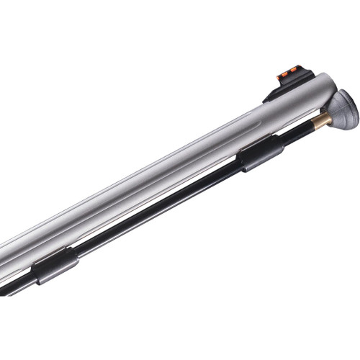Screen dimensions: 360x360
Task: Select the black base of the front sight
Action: (x=277, y=89)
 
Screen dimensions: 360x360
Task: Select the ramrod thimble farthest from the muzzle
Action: (x=55, y=264)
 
